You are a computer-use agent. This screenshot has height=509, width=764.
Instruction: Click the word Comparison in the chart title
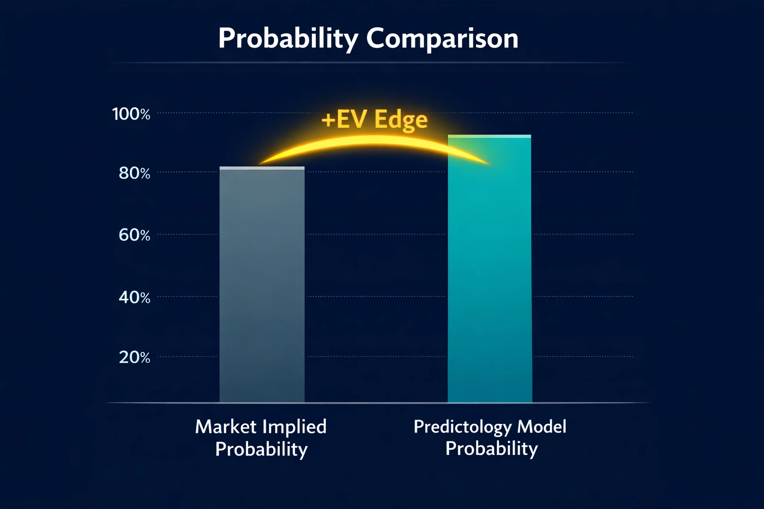(442, 38)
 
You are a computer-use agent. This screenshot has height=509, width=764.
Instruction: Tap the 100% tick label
(131, 114)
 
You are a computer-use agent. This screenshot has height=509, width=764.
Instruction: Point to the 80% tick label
(134, 173)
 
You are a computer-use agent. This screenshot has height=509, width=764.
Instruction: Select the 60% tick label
(134, 235)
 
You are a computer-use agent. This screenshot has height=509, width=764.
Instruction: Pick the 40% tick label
(134, 297)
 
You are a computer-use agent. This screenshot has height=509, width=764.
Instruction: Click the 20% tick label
(134, 357)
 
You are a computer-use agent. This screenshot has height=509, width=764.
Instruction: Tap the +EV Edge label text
(374, 120)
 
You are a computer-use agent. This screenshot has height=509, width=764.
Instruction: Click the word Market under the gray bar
(225, 427)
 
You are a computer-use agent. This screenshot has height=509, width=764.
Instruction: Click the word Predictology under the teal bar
(463, 427)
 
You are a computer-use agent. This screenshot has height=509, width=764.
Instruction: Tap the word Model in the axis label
(542, 426)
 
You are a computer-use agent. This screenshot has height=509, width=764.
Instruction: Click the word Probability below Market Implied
(261, 449)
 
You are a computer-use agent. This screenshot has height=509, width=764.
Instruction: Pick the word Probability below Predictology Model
(491, 448)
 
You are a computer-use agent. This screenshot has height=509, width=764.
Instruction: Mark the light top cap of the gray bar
(262, 169)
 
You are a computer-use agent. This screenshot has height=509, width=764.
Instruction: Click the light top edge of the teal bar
(490, 136)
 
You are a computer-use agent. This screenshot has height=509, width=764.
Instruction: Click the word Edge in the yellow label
(401, 120)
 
